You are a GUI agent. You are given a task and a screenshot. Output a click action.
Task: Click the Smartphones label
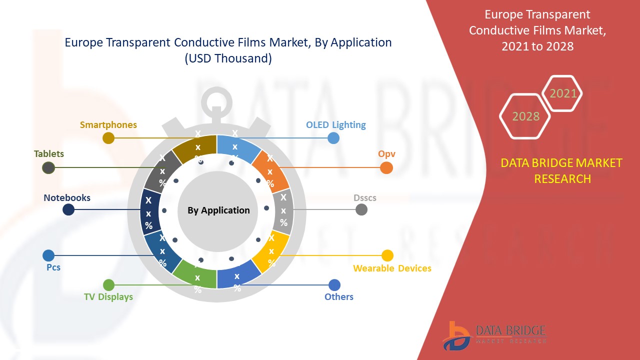108,125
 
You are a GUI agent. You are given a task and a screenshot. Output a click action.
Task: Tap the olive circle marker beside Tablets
48,168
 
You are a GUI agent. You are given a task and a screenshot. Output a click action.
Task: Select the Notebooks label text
67,197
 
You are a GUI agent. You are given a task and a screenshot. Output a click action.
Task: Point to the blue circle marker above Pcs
48,255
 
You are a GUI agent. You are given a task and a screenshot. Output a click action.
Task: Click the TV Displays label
108,296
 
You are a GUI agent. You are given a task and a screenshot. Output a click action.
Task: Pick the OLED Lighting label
336,125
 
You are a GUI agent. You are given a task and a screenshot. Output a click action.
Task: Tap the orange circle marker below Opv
386,168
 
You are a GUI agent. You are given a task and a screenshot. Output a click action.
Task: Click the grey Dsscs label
365,197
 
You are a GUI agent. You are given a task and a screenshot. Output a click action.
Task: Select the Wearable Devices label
392,268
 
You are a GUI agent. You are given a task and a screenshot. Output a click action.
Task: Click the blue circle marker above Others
334,285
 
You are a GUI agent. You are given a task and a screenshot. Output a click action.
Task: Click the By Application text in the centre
218,210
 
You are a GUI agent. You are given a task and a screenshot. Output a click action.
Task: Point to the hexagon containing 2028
525,116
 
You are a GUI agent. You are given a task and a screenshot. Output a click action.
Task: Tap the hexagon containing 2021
563,93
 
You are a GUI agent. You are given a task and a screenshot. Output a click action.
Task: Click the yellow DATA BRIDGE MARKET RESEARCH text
562,170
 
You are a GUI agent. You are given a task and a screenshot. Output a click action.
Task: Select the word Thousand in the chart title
245,58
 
